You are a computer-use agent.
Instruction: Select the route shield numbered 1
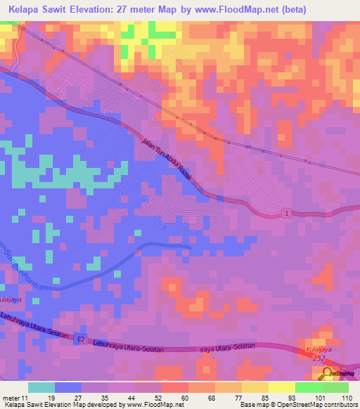[287, 212]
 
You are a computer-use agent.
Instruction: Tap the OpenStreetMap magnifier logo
[328, 374]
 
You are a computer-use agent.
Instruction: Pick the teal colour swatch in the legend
[41, 387]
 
